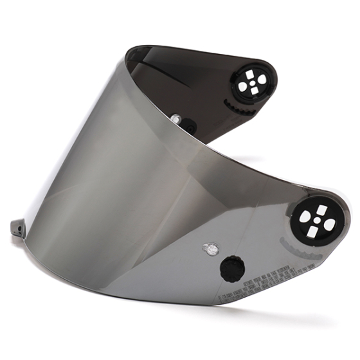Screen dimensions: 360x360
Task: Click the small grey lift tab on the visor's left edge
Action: [x=17, y=228]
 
